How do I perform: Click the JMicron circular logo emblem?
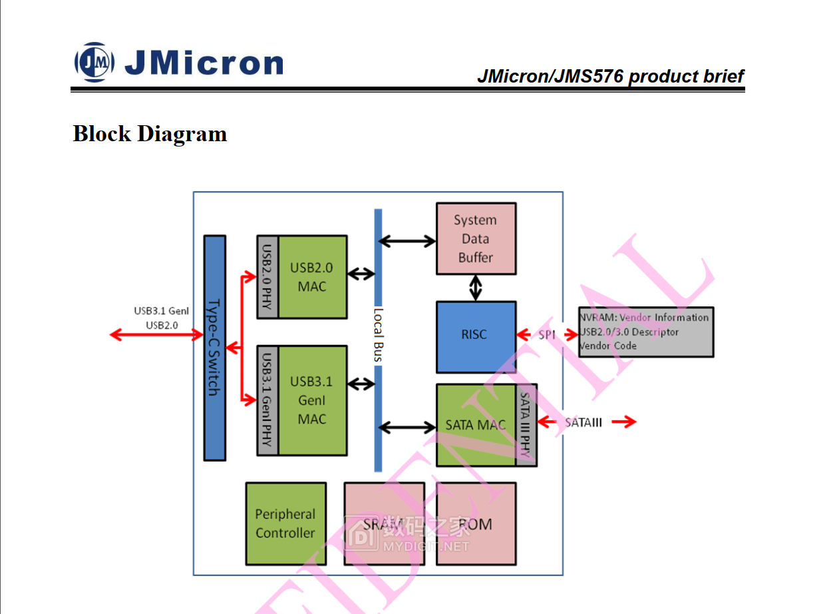[x=94, y=62]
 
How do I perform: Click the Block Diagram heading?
[x=150, y=134]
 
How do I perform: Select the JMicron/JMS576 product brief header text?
[x=610, y=77]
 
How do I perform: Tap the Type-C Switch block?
[x=214, y=348]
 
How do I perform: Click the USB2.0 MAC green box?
[x=312, y=276]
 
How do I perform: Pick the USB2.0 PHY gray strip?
[x=267, y=276]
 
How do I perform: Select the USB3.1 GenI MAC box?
[x=312, y=400]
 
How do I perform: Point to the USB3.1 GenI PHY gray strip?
[x=267, y=400]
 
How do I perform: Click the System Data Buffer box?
[x=475, y=238]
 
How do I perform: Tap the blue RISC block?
[x=475, y=335]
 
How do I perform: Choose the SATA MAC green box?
[x=475, y=425]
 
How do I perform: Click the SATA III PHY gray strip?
[x=526, y=425]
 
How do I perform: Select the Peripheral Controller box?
[x=285, y=523]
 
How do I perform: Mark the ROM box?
[x=476, y=524]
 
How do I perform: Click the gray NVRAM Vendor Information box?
[x=645, y=332]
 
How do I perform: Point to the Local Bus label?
[x=378, y=335]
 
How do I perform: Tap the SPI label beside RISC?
[x=547, y=335]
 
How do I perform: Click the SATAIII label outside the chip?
[x=583, y=422]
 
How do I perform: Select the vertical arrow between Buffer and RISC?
[x=475, y=288]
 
